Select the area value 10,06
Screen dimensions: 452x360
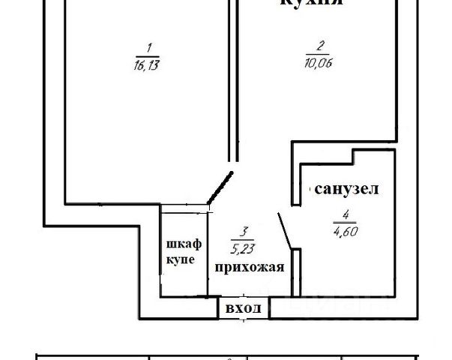pyautogui.click(x=319, y=63)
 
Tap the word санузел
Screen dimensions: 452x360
pyautogui.click(x=346, y=190)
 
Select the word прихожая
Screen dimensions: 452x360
pyautogui.click(x=249, y=266)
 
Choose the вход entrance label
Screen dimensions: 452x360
pyautogui.click(x=244, y=307)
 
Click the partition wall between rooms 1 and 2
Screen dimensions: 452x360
pyautogui.click(x=232, y=82)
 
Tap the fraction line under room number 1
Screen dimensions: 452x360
pyautogui.click(x=148, y=55)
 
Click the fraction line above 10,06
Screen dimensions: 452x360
pyautogui.click(x=319, y=54)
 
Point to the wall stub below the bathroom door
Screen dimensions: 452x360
pyautogui.click(x=295, y=274)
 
